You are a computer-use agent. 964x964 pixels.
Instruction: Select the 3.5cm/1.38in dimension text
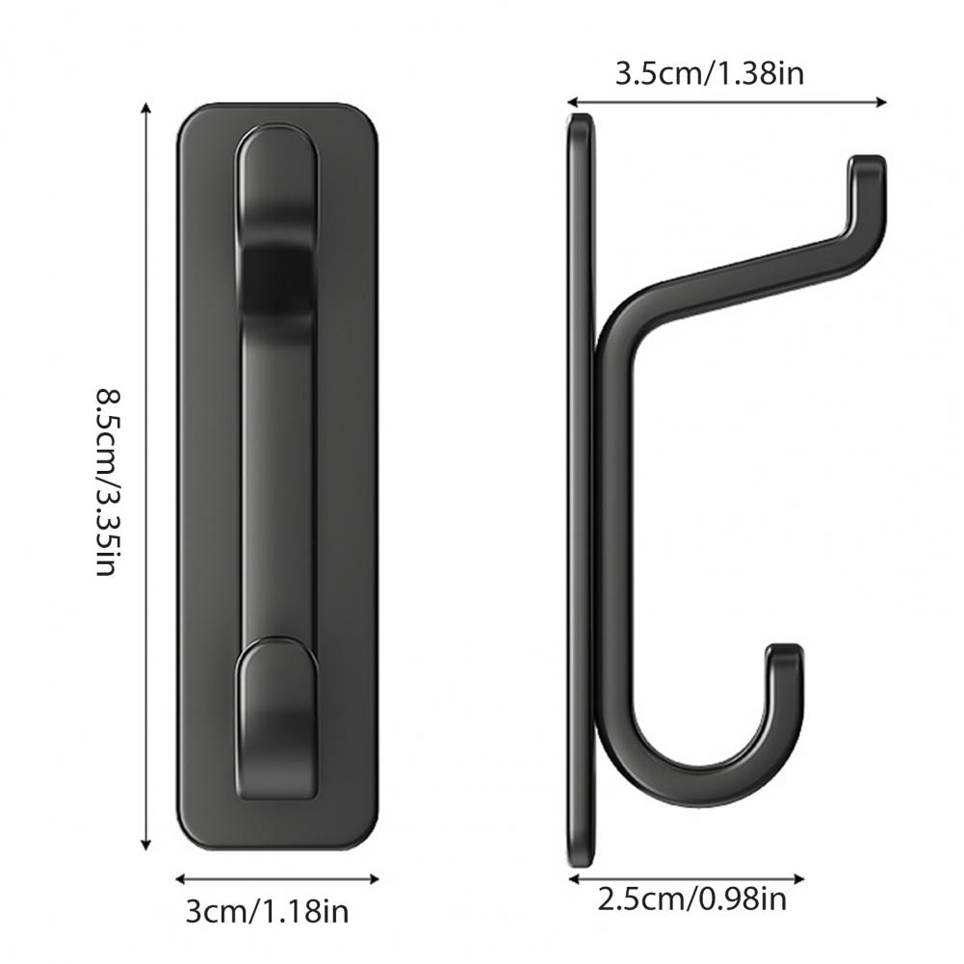[x=709, y=73]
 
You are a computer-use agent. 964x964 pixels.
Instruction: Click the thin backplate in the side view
[x=581, y=482]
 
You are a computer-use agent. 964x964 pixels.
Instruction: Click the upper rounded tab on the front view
[x=276, y=164]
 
